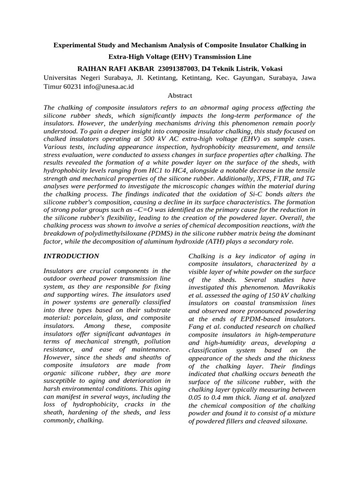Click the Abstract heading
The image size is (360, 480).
(180, 96)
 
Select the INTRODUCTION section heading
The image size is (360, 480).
(71, 256)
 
